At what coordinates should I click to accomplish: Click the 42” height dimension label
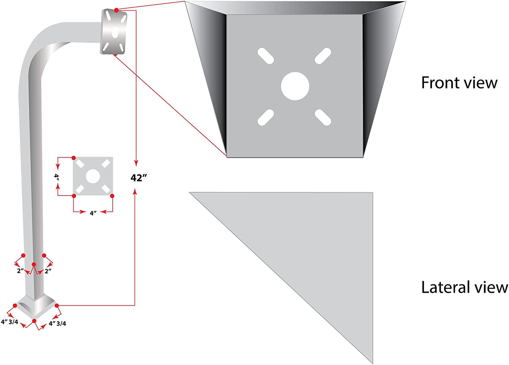[138, 178]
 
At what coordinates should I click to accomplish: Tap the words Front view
[459, 83]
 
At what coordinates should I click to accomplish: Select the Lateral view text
[464, 287]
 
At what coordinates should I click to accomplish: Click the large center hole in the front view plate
[295, 86]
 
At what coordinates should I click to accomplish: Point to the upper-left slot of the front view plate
[266, 56]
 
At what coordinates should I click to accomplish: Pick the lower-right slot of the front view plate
[323, 117]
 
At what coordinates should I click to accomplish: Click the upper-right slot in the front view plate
[323, 56]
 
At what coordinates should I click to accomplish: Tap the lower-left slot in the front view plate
[266, 117]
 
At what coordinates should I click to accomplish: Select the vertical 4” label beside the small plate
[57, 177]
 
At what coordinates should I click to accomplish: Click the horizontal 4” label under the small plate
[93, 213]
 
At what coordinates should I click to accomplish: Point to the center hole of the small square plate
[93, 176]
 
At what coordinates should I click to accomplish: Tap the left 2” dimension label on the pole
[20, 271]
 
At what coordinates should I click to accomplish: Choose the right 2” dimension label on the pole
[48, 271]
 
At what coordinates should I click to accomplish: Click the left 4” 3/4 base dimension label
[10, 322]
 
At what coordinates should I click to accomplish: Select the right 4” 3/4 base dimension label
[57, 323]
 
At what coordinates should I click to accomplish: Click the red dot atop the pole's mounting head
[116, 10]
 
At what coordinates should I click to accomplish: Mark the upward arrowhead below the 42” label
[135, 192]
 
